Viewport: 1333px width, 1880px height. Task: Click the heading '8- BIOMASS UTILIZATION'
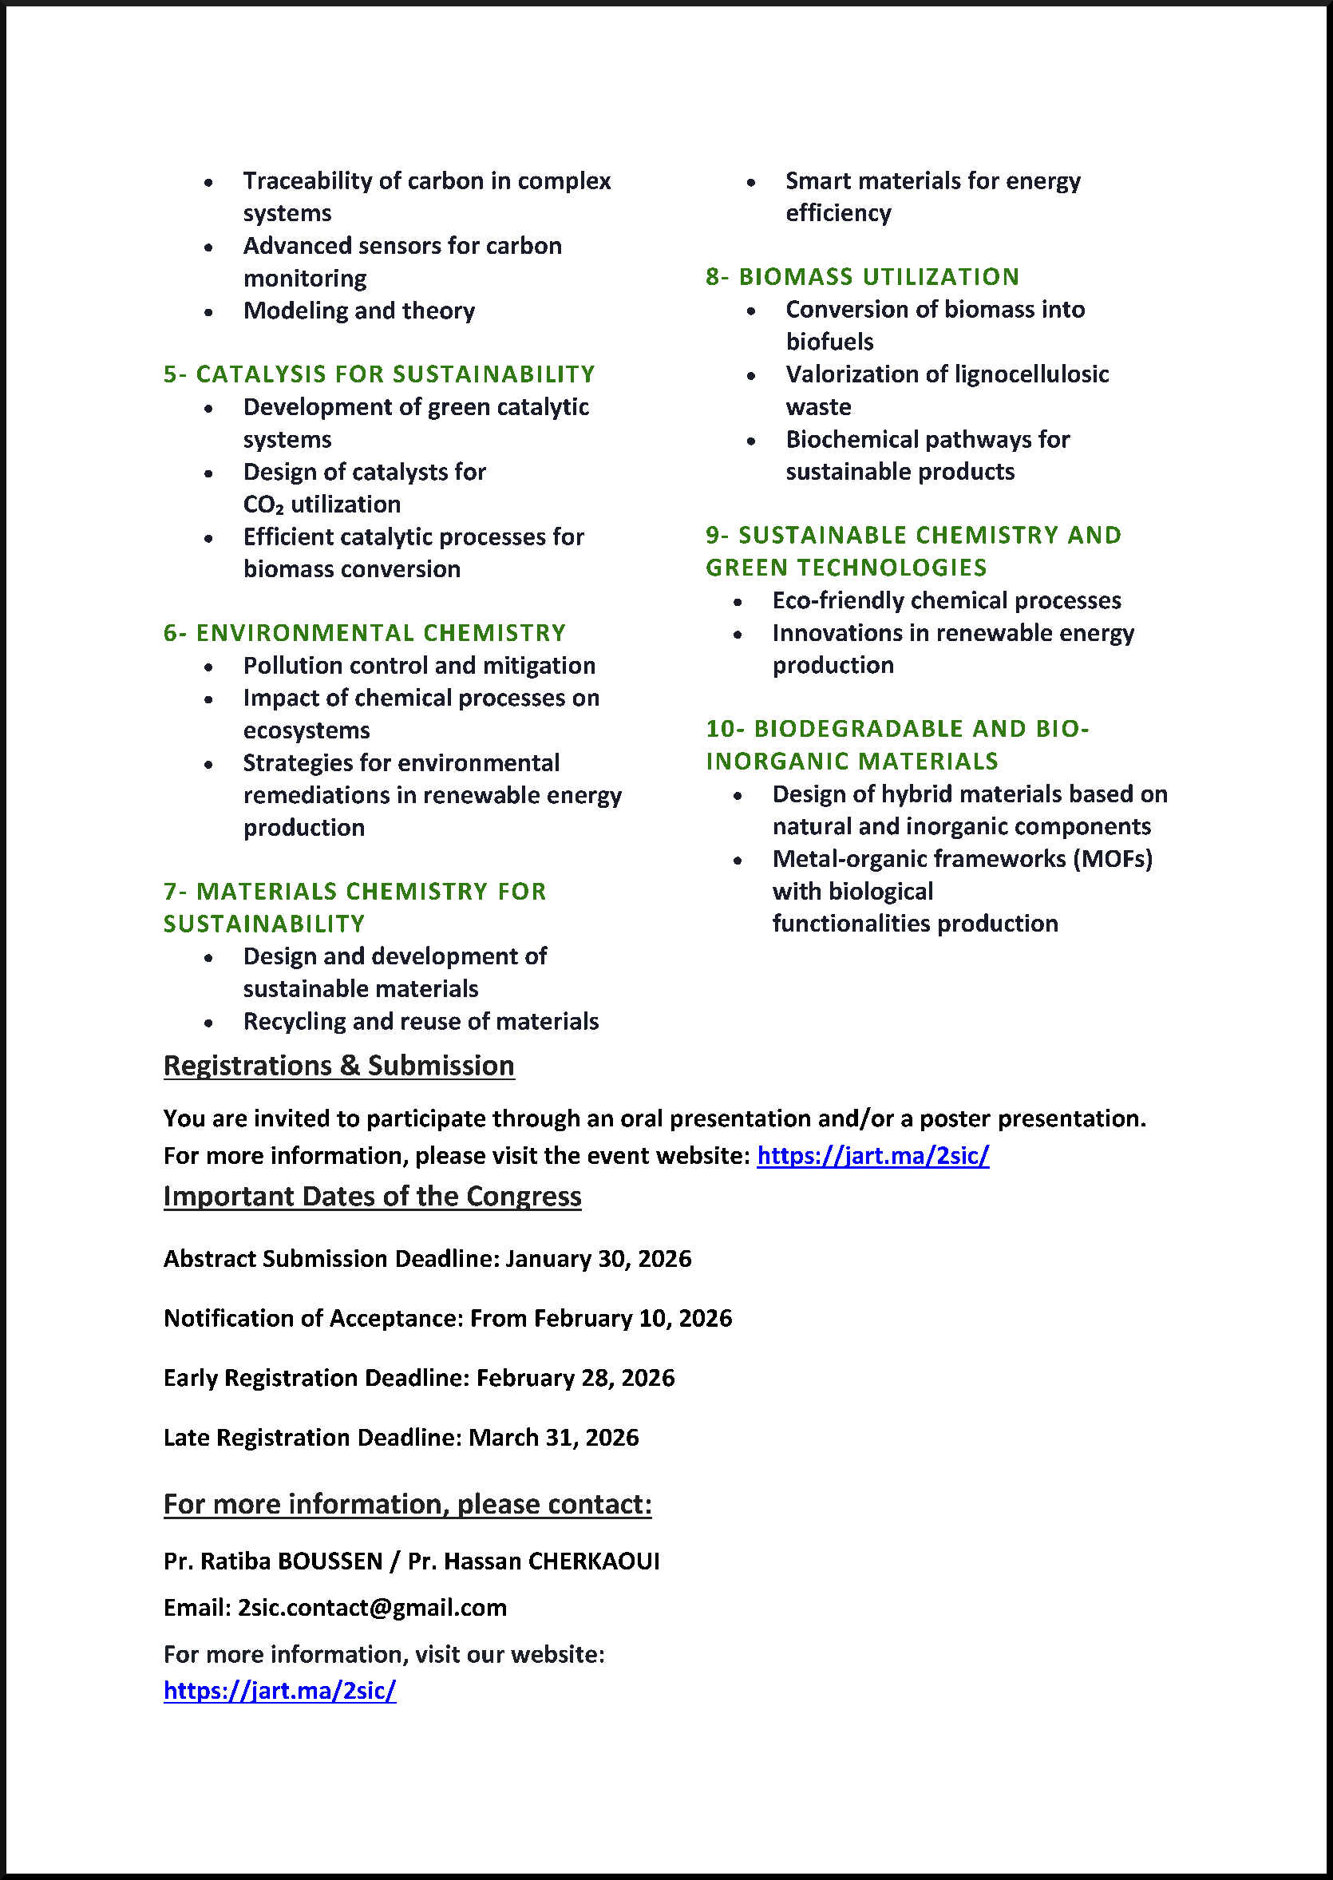coord(862,277)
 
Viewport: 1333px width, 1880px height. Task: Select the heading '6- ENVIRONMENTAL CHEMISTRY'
coord(365,633)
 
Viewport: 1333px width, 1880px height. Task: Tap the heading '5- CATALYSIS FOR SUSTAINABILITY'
coord(378,374)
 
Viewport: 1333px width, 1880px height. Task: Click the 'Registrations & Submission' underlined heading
coord(338,1066)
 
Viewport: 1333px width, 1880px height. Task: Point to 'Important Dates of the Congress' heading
coord(372,1196)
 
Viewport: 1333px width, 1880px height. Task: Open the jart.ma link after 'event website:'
coord(872,1156)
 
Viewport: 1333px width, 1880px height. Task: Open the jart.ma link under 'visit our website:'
coord(279,1690)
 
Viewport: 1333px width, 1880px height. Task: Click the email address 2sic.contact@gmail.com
coord(372,1608)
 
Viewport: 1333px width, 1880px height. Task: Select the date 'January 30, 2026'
coord(599,1259)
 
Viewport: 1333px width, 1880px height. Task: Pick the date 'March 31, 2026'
coord(553,1438)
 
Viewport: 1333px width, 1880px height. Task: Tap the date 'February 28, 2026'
coord(576,1378)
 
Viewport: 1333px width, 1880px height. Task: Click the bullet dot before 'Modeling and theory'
coord(208,312)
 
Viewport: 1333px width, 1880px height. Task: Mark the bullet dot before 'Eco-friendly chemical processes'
coord(738,602)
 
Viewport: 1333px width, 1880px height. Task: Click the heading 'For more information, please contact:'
coord(407,1504)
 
